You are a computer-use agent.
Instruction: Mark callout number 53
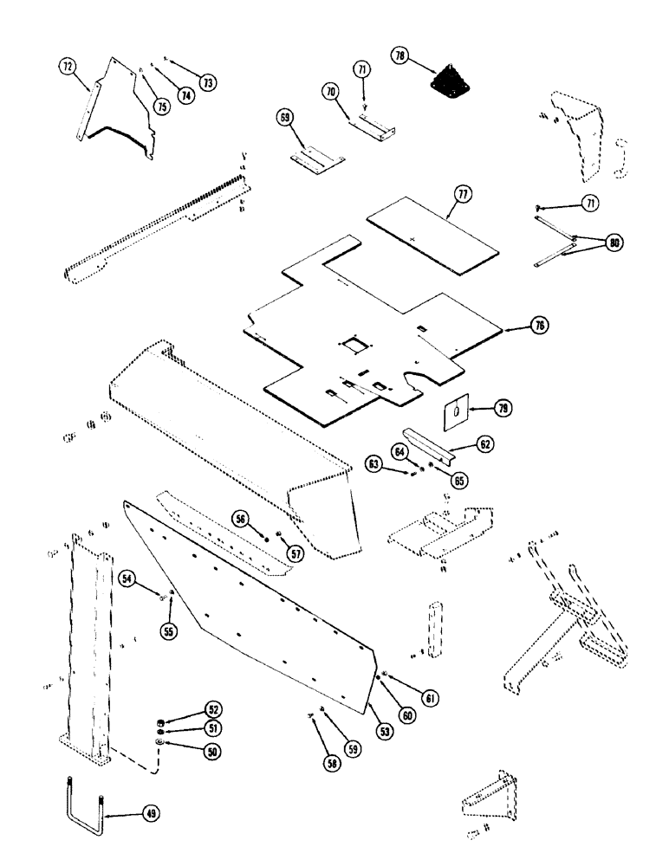click(x=384, y=731)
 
